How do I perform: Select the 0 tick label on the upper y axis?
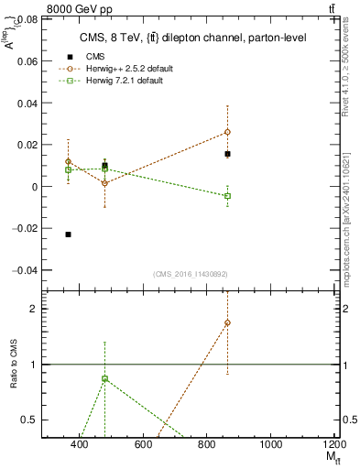point(33,187)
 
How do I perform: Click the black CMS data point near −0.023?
point(69,234)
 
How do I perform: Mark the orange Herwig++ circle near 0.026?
point(227,132)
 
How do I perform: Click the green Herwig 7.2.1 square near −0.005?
point(227,196)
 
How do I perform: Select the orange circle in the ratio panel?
point(227,322)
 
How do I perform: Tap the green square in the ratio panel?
point(105,378)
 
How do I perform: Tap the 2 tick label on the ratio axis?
point(33,309)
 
